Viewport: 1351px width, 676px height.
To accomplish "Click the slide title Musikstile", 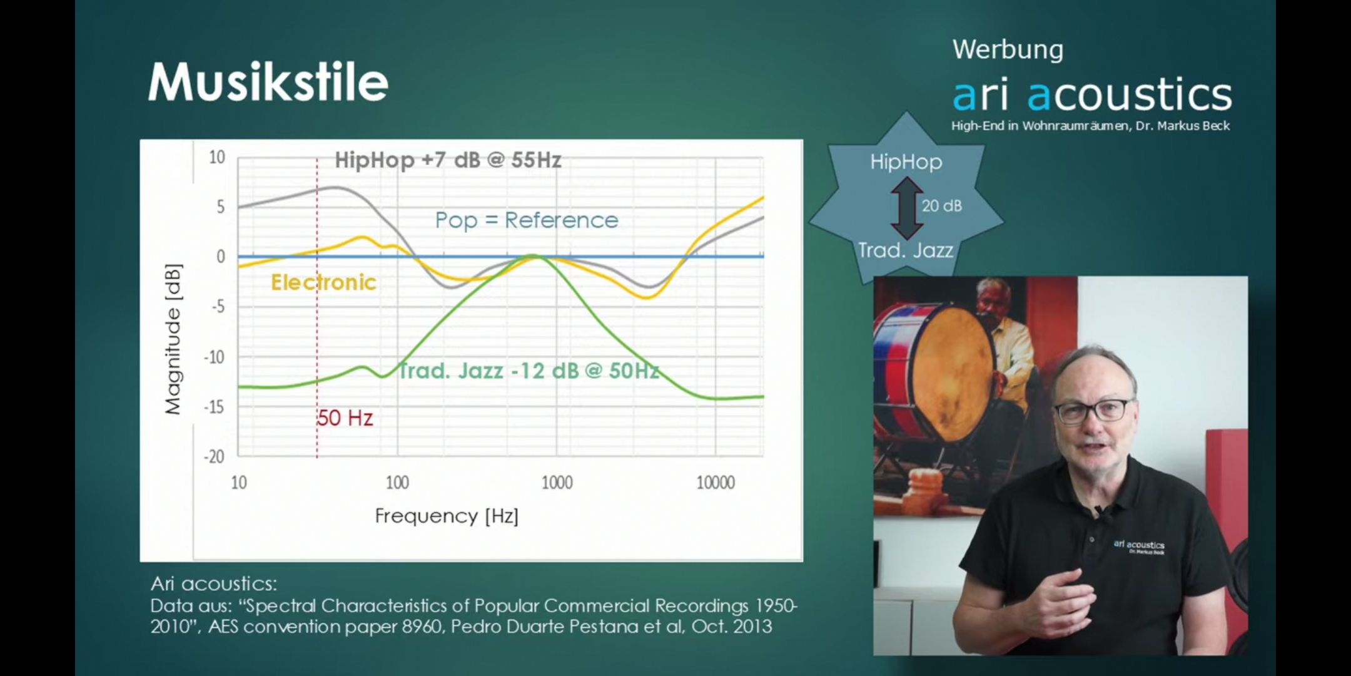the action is coord(268,81).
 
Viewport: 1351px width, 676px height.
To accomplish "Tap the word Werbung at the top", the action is coord(1008,50).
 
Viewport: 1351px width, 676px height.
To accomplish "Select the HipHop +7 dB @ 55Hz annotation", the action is coord(448,160).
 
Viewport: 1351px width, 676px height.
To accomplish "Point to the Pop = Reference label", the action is coord(527,220).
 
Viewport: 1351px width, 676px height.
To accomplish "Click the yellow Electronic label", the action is coord(323,282).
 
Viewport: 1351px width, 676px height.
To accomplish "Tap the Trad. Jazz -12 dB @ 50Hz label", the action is coord(529,371).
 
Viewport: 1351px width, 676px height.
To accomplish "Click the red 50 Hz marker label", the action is coord(345,418).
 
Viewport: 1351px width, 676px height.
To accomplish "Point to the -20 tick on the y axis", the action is coord(214,456).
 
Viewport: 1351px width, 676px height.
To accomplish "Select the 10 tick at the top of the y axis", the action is coord(217,157).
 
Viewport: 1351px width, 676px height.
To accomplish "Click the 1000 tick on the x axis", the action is coord(557,483).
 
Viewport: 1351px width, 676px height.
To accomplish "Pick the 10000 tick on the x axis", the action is coord(716,483).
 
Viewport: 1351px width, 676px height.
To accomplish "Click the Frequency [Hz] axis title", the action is coord(447,516).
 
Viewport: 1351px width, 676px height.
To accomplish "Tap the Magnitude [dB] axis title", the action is coord(173,339).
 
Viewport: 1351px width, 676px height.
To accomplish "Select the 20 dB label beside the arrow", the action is coord(942,206).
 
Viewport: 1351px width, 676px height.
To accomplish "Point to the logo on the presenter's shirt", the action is coord(1139,546).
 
